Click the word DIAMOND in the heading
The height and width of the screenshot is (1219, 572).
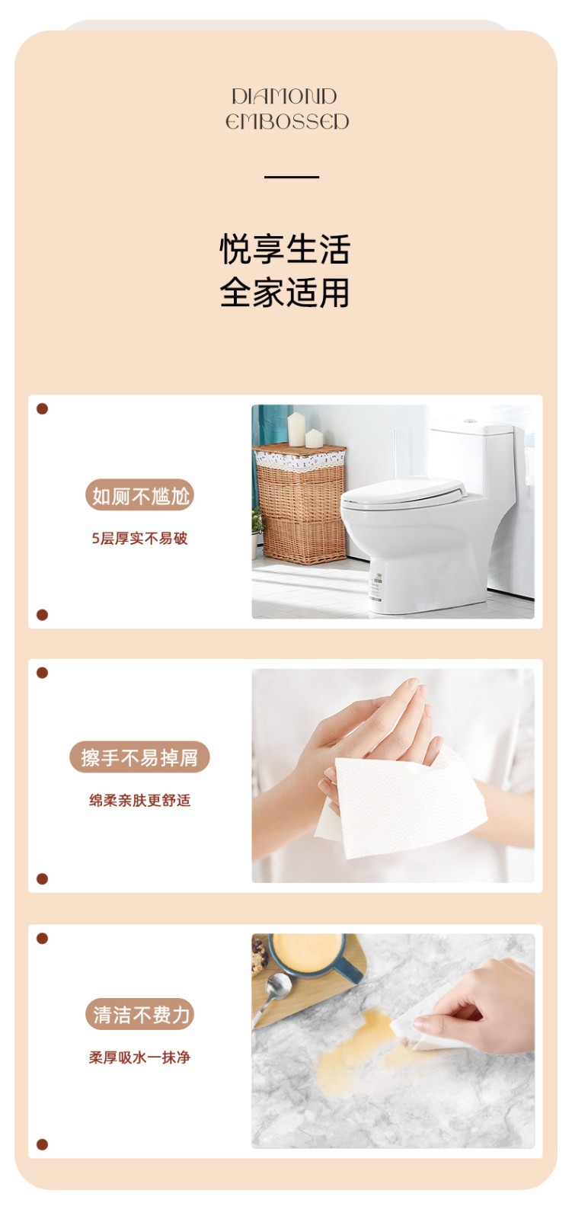point(284,96)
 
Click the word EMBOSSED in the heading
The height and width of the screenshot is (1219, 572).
point(287,121)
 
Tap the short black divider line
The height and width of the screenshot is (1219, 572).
point(292,177)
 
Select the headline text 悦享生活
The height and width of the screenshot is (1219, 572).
point(285,250)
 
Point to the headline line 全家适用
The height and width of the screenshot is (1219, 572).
point(285,293)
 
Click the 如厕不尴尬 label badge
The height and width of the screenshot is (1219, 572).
point(140,495)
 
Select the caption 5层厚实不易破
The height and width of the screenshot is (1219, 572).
point(139,538)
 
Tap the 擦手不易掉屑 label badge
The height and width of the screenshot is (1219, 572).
point(139,757)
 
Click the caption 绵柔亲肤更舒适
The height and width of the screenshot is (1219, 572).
point(139,800)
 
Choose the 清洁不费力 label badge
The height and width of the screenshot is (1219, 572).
point(140,1014)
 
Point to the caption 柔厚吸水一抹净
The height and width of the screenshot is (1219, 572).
point(139,1057)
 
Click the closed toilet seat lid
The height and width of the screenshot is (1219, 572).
point(403,490)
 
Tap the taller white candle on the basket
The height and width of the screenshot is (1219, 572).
point(296,429)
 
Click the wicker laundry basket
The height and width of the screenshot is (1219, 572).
point(300,504)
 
